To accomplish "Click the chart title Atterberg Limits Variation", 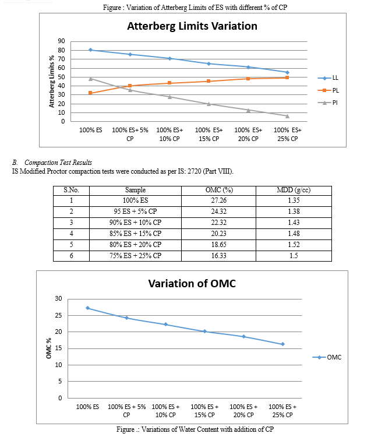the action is point(192,26).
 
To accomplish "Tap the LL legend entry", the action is point(328,77).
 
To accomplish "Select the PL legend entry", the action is point(328,90).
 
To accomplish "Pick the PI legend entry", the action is point(327,103).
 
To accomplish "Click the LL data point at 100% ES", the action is point(90,50).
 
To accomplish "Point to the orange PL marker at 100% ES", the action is point(90,93).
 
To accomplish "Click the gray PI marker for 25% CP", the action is point(287,116).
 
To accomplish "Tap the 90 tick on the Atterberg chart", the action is point(61,41).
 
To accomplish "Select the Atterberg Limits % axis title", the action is point(51,82).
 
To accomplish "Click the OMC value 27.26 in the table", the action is point(218,200).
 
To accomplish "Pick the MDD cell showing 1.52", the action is point(294,244).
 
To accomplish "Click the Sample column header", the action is point(135,190).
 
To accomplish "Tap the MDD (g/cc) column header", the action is point(294,190).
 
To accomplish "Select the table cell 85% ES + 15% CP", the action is point(135,233).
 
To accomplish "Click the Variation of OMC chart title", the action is point(192,283).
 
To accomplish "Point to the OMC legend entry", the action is point(327,357).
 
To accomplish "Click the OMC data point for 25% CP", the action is point(282,344).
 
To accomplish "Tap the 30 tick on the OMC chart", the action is point(58,298).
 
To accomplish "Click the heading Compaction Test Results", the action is point(58,163).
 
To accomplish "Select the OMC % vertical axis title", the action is point(49,348).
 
